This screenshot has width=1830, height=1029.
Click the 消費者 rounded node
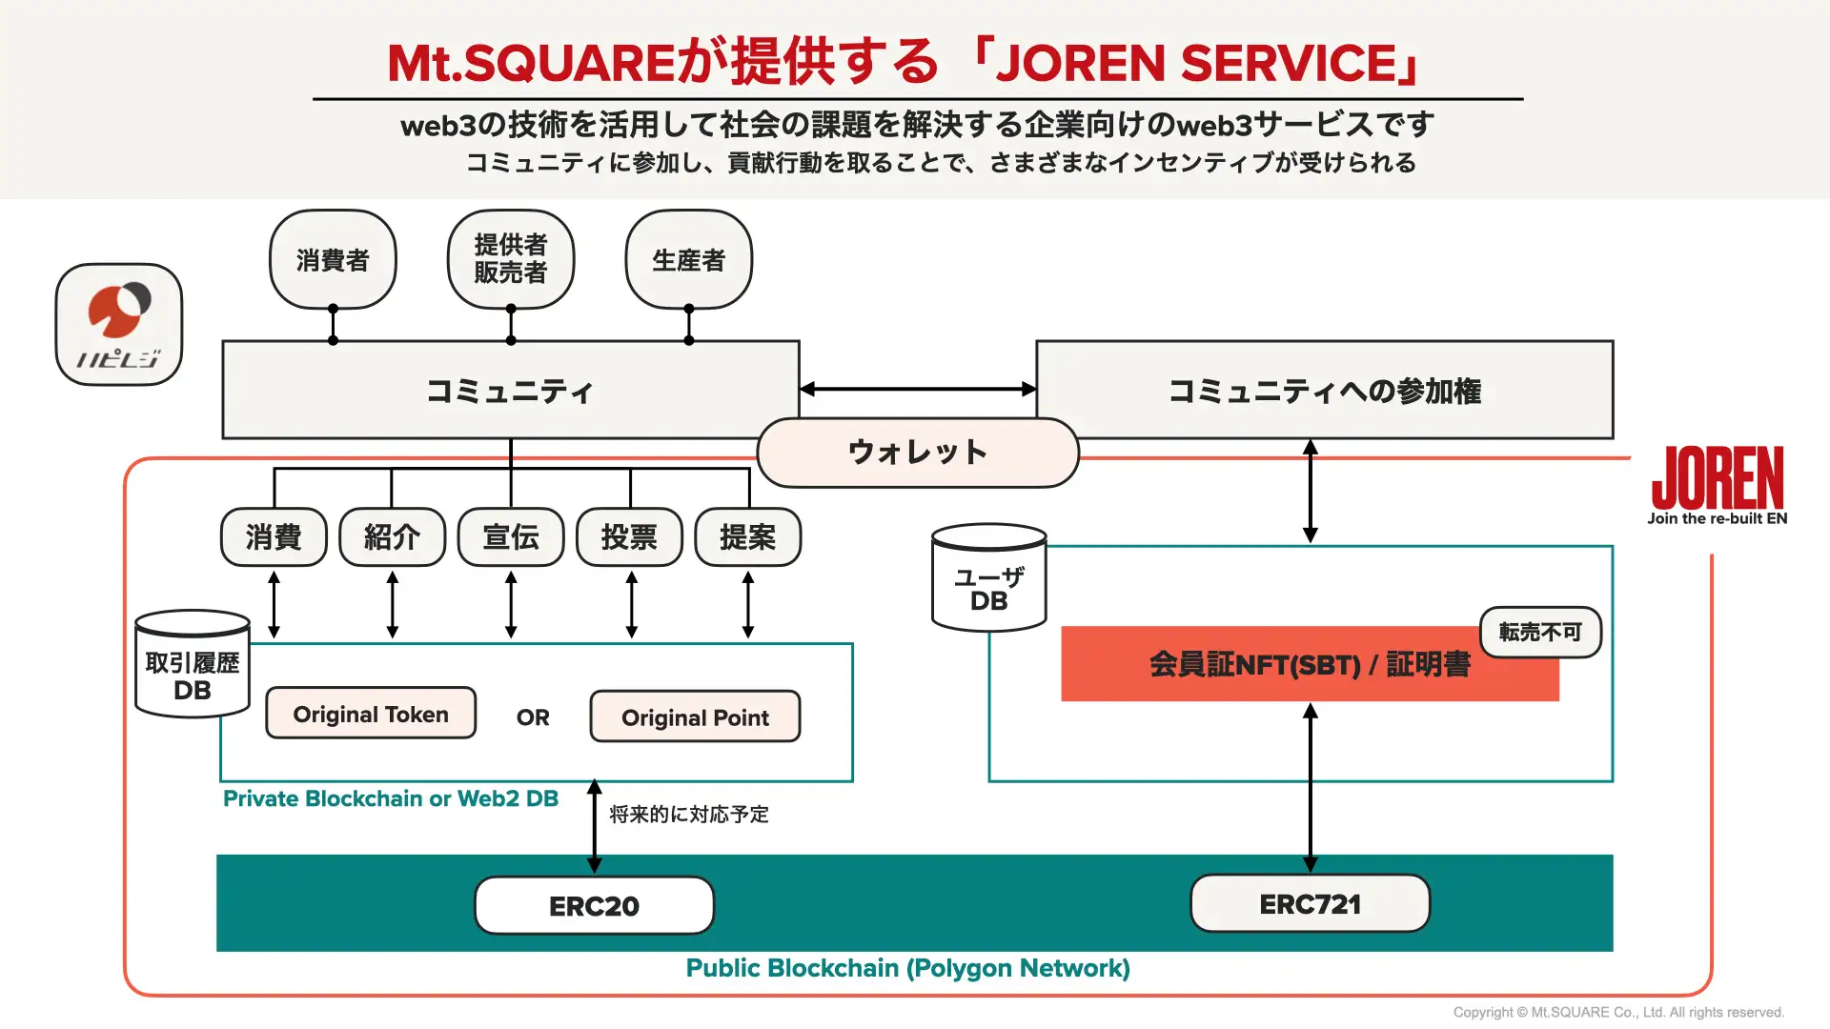point(333,259)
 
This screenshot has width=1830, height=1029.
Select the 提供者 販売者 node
point(511,259)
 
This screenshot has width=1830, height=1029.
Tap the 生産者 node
point(688,259)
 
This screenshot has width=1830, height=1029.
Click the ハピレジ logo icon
point(119,325)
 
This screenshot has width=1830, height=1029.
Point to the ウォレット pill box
point(918,453)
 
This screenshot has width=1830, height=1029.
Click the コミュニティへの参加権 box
point(1324,391)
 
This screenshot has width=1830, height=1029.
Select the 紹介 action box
point(392,537)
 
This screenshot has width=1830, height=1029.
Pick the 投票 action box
point(629,537)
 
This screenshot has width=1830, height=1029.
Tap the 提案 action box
point(748,537)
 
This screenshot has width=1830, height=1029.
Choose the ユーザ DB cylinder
point(989,579)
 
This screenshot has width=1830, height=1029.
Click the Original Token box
point(371,714)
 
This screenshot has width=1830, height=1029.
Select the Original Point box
point(695,717)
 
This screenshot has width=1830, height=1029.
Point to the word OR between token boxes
point(533,717)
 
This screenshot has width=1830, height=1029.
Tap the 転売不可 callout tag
point(1539,632)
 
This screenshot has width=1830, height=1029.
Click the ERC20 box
point(594,905)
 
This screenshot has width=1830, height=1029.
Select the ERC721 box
point(1310,903)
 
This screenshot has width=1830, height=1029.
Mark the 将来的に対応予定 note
point(689,815)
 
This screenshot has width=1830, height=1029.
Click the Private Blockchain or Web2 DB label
point(391,798)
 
